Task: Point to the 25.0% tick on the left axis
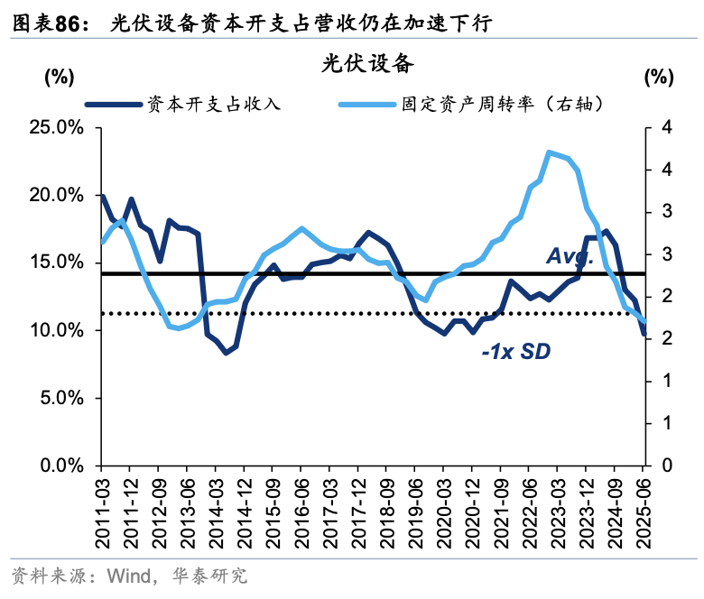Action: point(57,127)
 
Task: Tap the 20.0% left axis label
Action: point(57,195)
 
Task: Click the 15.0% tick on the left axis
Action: point(57,263)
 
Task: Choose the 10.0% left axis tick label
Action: point(57,330)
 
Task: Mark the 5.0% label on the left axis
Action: point(61,398)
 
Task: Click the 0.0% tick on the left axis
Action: point(61,465)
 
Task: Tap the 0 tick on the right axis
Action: point(666,465)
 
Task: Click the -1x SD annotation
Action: point(514,350)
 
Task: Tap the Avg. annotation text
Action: point(569,256)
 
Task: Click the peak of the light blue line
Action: point(549,152)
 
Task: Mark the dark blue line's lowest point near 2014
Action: point(226,352)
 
